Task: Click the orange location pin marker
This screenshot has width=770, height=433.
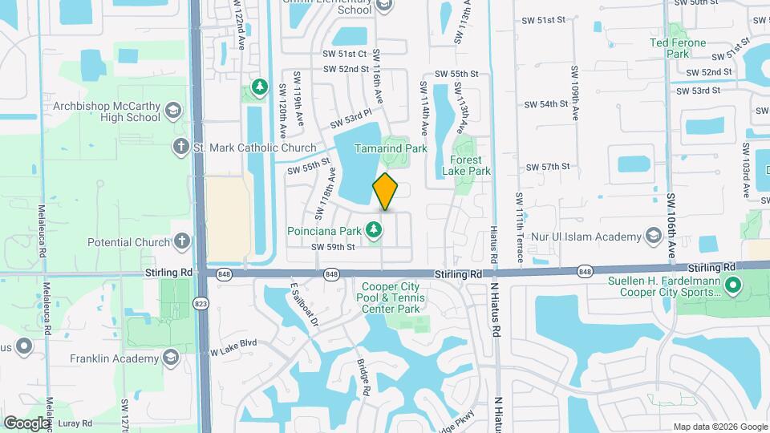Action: [x=385, y=192]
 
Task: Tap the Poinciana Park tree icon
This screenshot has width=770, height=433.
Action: [x=373, y=231]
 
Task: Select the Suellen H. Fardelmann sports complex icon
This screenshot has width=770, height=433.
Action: [x=731, y=284]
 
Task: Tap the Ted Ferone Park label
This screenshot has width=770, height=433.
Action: [x=678, y=48]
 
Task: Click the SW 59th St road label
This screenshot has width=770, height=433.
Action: [x=333, y=247]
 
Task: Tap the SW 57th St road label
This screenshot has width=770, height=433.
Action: [x=547, y=167]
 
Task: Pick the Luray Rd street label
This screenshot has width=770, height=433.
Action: [x=76, y=423]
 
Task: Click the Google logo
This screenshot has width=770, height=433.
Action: [x=27, y=423]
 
